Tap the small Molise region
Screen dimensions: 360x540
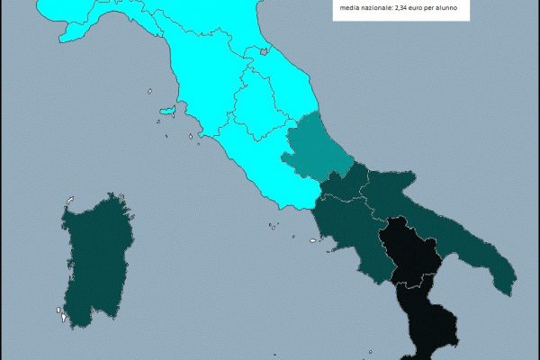point(346,184)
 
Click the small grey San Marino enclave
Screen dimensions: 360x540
point(264,52)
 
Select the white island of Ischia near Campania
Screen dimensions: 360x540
point(314,240)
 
